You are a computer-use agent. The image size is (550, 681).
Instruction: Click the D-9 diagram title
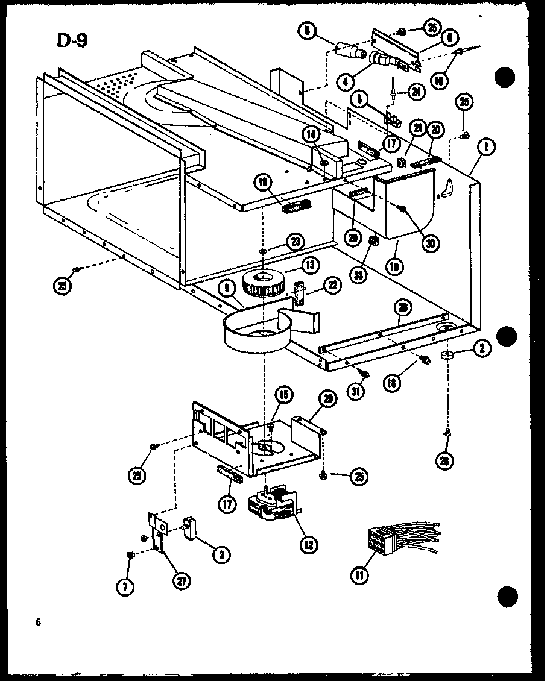click(72, 40)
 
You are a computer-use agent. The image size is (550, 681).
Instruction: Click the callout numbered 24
click(416, 92)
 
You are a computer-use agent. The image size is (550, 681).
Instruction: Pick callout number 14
click(312, 135)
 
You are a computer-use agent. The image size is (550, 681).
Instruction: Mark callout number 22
click(332, 289)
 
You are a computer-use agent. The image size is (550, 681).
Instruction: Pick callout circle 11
click(360, 576)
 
